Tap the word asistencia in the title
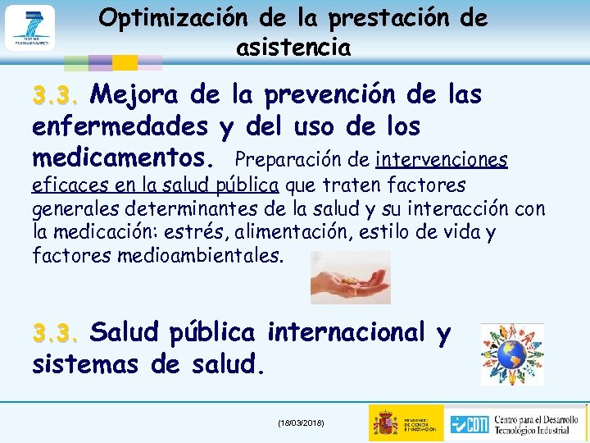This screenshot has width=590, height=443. (293, 48)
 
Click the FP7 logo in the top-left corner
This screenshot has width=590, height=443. (29, 27)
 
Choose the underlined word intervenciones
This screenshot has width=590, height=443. (442, 158)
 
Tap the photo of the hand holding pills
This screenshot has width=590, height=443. (350, 277)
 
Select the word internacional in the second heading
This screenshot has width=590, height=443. (347, 332)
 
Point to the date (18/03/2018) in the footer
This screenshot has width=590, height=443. (301, 422)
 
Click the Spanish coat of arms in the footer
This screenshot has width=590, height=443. (385, 422)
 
